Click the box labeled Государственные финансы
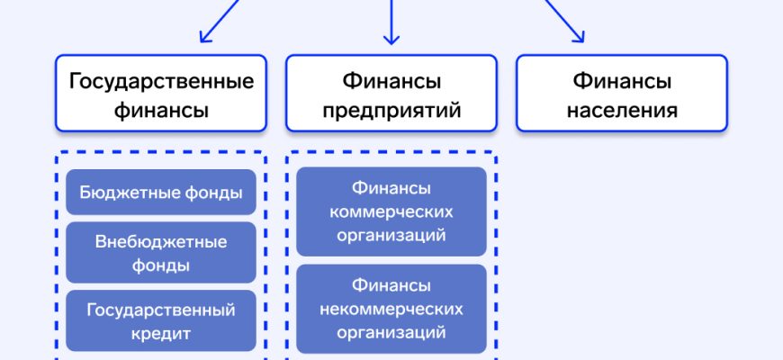click(x=161, y=94)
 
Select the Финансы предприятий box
click(x=391, y=94)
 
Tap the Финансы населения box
click(x=621, y=94)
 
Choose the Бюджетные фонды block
click(x=161, y=193)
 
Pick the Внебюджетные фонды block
click(x=161, y=253)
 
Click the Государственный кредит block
click(x=161, y=321)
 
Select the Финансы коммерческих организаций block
click(x=391, y=212)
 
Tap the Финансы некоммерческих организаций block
click(x=391, y=309)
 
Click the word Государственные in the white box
click(x=161, y=82)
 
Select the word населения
click(x=621, y=111)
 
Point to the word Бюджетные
click(x=121, y=193)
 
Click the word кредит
click(x=161, y=333)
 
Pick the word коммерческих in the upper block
click(x=391, y=212)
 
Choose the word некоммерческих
click(x=391, y=309)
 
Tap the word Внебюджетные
click(x=161, y=242)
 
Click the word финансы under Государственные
click(x=161, y=111)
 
